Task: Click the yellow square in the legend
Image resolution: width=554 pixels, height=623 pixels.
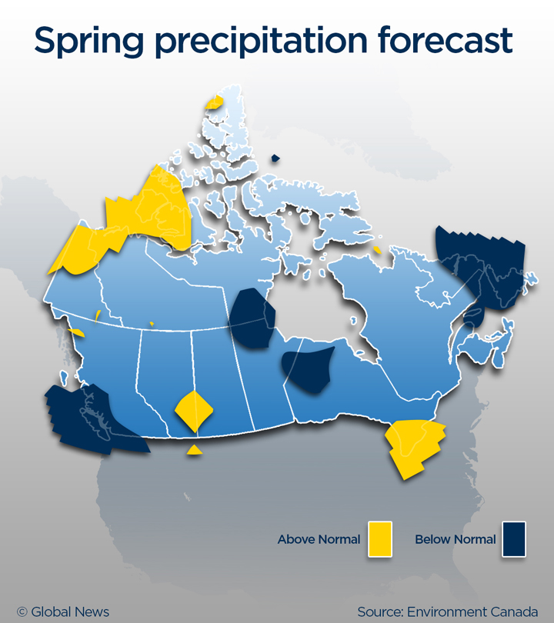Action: click(x=380, y=538)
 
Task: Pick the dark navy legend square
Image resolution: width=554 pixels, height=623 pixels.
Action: click(x=513, y=538)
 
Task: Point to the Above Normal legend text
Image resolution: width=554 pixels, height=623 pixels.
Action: click(x=319, y=539)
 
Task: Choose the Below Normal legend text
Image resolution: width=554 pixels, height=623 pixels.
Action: click(x=455, y=539)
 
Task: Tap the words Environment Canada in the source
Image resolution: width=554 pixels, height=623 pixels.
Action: click(x=471, y=612)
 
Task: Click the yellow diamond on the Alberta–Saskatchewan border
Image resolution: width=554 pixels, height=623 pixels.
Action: click(x=193, y=410)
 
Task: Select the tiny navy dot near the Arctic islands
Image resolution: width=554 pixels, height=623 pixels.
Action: click(x=275, y=158)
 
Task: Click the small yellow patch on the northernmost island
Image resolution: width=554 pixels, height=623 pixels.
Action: click(x=214, y=102)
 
